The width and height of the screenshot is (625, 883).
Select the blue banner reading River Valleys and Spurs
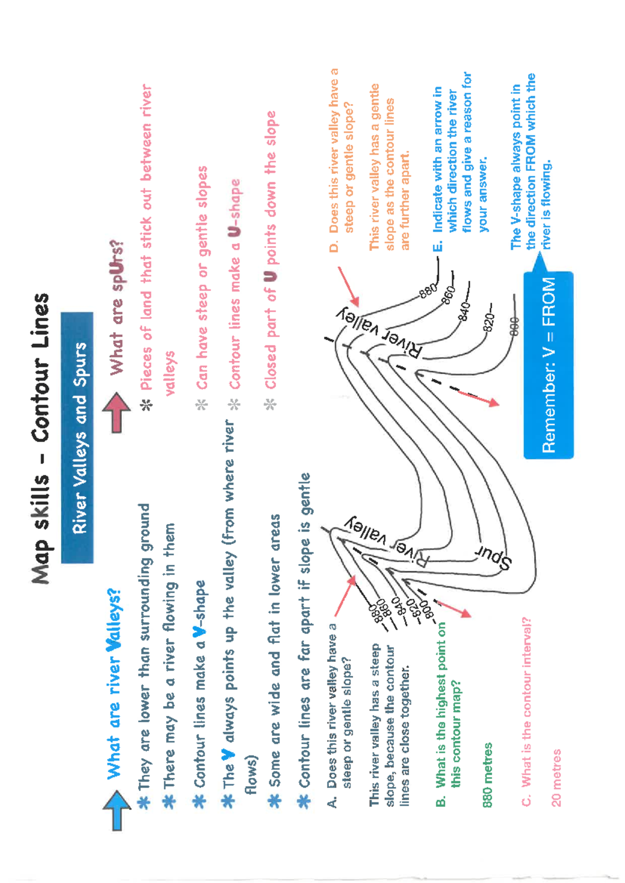click(x=78, y=437)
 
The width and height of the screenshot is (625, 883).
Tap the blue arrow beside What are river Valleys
click(x=117, y=810)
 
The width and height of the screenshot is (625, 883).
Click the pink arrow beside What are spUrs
click(x=117, y=412)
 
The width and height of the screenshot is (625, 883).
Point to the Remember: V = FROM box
click(x=548, y=364)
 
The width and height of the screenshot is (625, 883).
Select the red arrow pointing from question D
click(x=348, y=286)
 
